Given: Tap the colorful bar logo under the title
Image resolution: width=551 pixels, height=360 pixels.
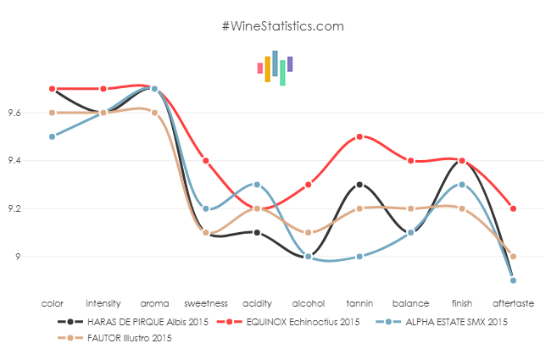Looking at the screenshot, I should (275, 68).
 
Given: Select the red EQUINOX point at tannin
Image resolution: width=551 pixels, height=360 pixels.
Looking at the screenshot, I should (360, 136).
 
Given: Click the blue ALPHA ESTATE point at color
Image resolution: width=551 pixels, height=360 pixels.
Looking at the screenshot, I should (53, 136).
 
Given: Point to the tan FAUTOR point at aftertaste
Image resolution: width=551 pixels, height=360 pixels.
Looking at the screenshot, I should (514, 256).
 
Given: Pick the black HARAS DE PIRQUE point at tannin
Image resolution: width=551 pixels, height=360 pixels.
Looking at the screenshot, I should (360, 185).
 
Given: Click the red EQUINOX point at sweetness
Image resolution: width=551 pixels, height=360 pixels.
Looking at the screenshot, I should (206, 160).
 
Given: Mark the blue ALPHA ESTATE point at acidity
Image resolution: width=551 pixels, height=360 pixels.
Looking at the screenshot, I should (257, 185).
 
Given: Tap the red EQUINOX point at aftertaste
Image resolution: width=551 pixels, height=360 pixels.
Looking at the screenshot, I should (514, 208).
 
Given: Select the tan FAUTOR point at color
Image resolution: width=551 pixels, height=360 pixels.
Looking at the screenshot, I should (53, 113).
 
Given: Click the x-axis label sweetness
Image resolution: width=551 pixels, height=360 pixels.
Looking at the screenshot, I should (206, 302).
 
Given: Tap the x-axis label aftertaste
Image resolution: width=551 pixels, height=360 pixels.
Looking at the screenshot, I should (514, 302).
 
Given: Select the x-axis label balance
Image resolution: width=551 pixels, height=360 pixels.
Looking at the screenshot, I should (411, 302).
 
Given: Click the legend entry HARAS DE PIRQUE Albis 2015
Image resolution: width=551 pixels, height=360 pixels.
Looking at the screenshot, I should (136, 322).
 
